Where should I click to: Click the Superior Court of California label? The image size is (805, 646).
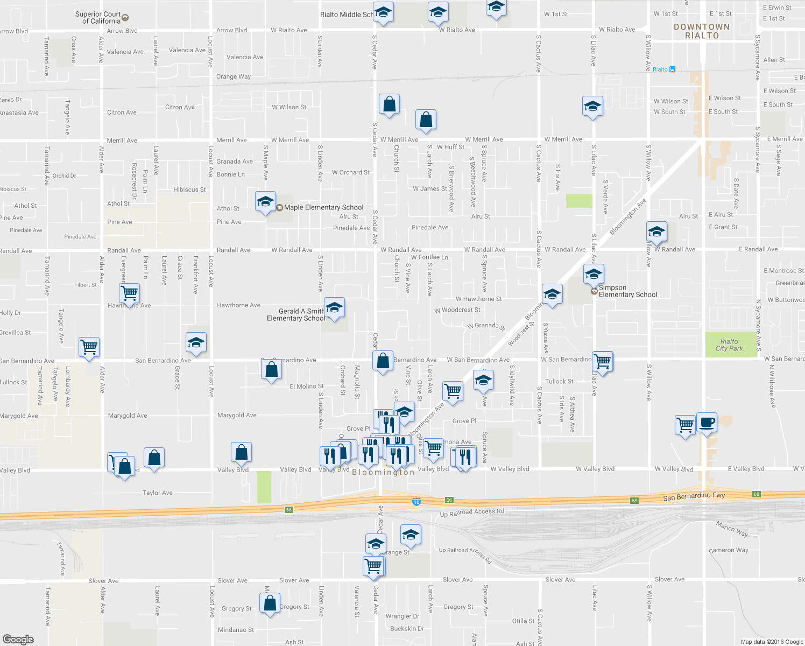pos(98,18)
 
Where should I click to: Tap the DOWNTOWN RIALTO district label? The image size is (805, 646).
pos(702,31)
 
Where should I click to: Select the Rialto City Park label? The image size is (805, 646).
pos(729,345)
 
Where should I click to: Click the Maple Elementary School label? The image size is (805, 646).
pos(323,207)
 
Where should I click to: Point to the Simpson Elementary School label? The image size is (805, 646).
pos(627,291)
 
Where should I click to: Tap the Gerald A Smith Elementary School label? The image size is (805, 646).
pos(296,315)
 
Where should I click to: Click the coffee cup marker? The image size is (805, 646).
pos(707,423)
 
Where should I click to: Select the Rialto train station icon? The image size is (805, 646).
pos(672,69)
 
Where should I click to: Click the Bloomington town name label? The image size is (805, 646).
pos(383,472)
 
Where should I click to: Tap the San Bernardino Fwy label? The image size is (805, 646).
pos(694,496)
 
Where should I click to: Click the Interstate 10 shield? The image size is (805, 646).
pos(416,502)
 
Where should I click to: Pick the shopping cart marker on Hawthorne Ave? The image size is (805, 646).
pos(129,294)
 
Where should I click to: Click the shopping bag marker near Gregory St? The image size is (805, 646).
pos(270,603)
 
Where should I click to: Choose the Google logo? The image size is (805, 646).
pos(18,639)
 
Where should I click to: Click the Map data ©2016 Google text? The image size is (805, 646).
pos(772,642)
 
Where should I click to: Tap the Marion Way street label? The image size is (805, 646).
pos(731,529)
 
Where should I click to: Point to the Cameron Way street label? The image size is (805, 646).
pos(729,550)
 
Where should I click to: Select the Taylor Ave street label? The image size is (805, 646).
pos(157,493)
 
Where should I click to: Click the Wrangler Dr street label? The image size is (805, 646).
pos(402,616)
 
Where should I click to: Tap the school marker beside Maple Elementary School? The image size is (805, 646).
pos(265,202)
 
